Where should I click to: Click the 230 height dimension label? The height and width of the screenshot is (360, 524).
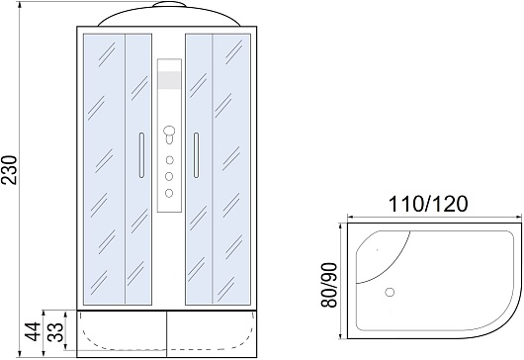9,170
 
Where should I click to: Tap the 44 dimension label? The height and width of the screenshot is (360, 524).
33,331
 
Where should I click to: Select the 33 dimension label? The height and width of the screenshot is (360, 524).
55,331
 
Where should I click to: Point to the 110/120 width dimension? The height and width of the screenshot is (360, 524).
428,204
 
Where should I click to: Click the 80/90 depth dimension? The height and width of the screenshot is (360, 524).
329,285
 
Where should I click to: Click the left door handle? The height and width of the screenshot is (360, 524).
141,154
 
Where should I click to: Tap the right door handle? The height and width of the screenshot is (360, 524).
196,154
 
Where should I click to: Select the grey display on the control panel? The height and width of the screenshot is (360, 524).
169,80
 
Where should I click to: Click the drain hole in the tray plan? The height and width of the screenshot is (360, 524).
390,292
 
